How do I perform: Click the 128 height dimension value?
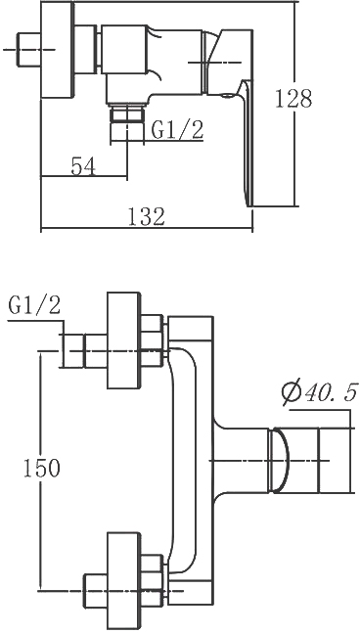pyautogui.click(x=293, y=98)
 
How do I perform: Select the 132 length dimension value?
pyautogui.click(x=147, y=216)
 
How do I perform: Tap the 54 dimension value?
pyautogui.click(x=83, y=166)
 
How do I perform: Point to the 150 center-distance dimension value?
pyautogui.click(x=42, y=469)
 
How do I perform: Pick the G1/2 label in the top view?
pyautogui.click(x=177, y=130)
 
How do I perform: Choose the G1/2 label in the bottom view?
pyautogui.click(x=34, y=305)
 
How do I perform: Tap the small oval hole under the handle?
pyautogui.click(x=227, y=96)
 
